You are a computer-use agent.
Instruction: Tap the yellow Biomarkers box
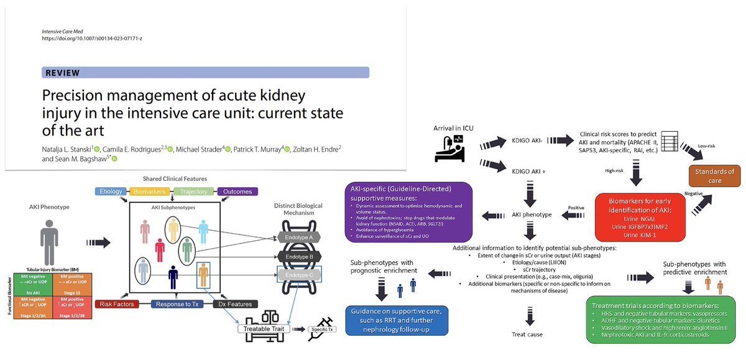tap(149, 192)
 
